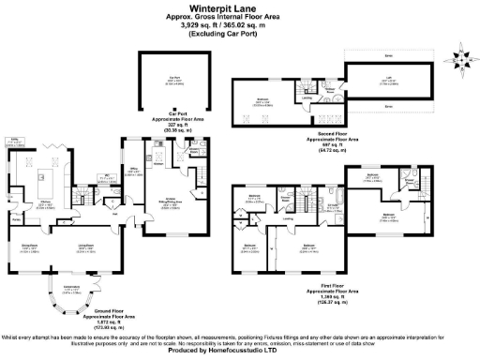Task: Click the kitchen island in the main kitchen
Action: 42,175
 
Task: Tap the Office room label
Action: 132,172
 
